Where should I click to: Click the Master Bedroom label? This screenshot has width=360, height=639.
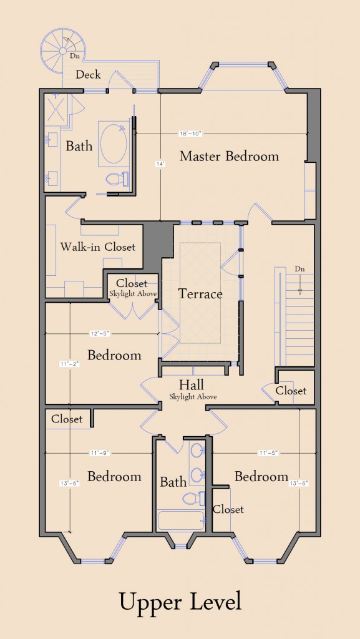pyautogui.click(x=229, y=156)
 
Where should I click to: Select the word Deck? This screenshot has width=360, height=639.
pyautogui.click(x=88, y=75)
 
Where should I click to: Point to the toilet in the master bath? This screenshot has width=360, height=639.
pyautogui.click(x=117, y=179)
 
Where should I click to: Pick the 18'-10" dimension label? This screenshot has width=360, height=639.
pyautogui.click(x=190, y=134)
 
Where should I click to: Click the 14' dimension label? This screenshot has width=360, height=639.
pyautogui.click(x=160, y=164)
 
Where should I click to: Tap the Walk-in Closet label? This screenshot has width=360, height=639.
pyautogui.click(x=98, y=246)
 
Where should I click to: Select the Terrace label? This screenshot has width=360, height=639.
pyautogui.click(x=200, y=294)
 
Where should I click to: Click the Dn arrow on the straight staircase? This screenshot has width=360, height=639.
pyautogui.click(x=299, y=285)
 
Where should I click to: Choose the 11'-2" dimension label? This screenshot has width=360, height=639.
pyautogui.click(x=69, y=364)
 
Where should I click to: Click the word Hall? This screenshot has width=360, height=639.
pyautogui.click(x=192, y=384)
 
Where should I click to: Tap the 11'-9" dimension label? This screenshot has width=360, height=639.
pyautogui.click(x=99, y=453)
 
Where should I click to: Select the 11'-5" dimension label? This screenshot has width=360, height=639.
pyautogui.click(x=268, y=453)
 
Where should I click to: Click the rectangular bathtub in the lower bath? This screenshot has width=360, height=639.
pyautogui.click(x=181, y=520)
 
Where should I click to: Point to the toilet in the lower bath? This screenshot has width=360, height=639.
pyautogui.click(x=194, y=499)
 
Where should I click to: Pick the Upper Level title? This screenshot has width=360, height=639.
pyautogui.click(x=180, y=602)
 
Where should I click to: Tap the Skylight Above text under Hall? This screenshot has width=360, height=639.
pyautogui.click(x=193, y=396)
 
